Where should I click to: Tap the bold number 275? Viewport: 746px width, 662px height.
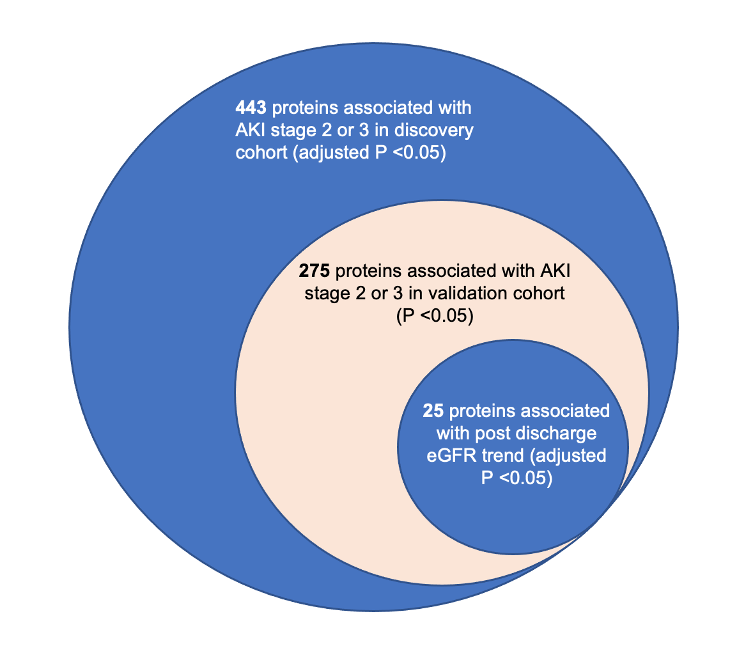pos(315,272)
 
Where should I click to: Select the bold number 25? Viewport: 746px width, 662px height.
pos(433,411)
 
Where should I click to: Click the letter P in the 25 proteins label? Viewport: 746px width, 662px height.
pos(487,479)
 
